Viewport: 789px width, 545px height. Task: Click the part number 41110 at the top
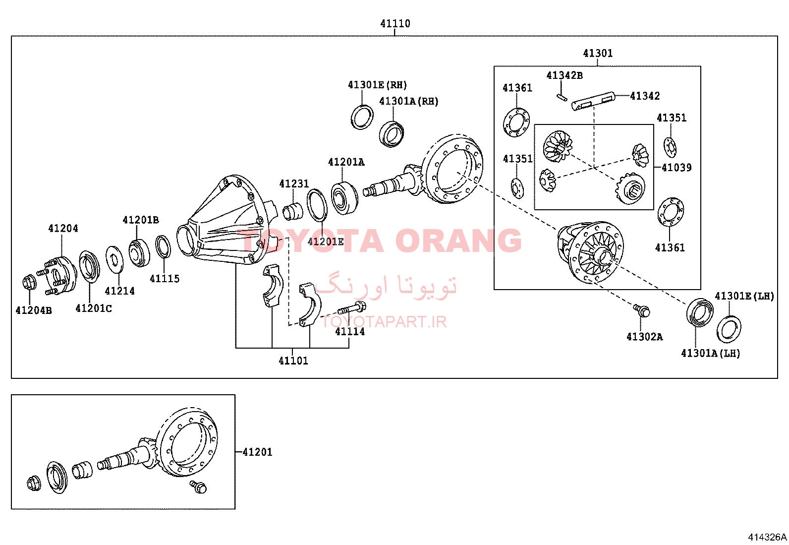[x=395, y=23]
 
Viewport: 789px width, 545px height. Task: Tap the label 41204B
[x=34, y=310]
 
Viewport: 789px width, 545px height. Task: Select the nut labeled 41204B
[x=29, y=283]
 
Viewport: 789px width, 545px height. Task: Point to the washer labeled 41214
[x=114, y=259]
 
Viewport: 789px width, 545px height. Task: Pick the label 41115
[x=165, y=279]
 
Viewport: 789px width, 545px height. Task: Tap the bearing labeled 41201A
[x=344, y=198]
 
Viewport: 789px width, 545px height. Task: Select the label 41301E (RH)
[x=377, y=85]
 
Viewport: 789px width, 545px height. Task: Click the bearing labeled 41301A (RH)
[x=392, y=134]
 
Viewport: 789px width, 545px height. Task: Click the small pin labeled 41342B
[x=562, y=97]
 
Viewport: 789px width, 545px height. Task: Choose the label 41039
[x=676, y=168]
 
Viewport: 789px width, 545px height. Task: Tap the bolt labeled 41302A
[x=642, y=311]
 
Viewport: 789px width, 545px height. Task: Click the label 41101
[x=293, y=361]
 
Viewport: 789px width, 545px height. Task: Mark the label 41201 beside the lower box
[x=258, y=452]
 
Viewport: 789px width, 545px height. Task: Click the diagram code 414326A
[x=767, y=537]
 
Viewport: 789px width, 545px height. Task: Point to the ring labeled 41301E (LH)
[x=729, y=329]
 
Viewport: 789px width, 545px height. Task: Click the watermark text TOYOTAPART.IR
[x=384, y=322]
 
